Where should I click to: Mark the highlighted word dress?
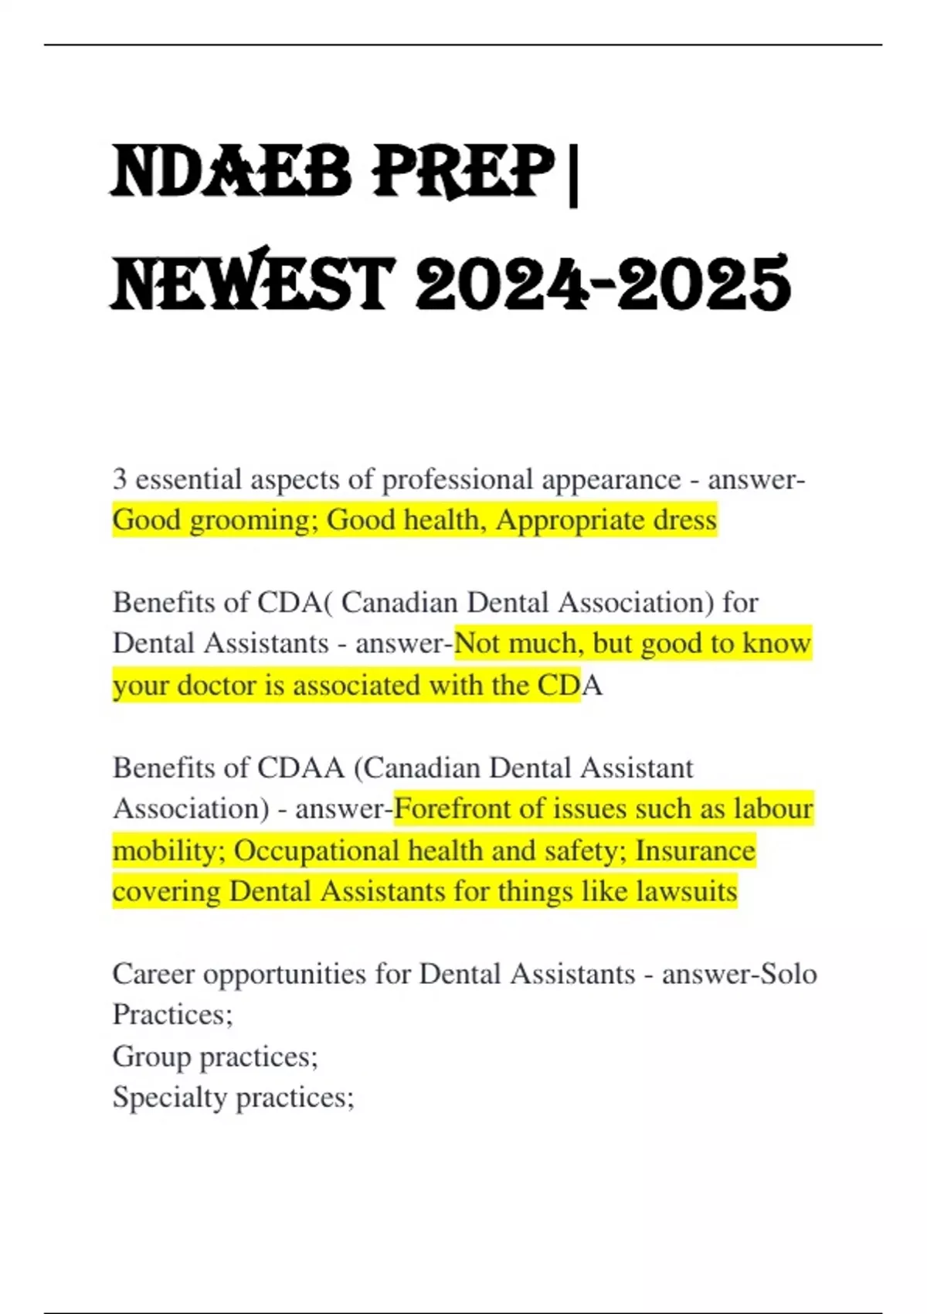pyautogui.click(x=685, y=519)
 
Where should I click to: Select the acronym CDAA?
pyautogui.click(x=301, y=768)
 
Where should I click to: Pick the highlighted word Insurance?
pyautogui.click(x=695, y=850)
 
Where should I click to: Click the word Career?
pyautogui.click(x=153, y=974)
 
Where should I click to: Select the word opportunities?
pyautogui.click(x=284, y=975)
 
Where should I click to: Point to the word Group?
pyautogui.click(x=151, y=1057)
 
